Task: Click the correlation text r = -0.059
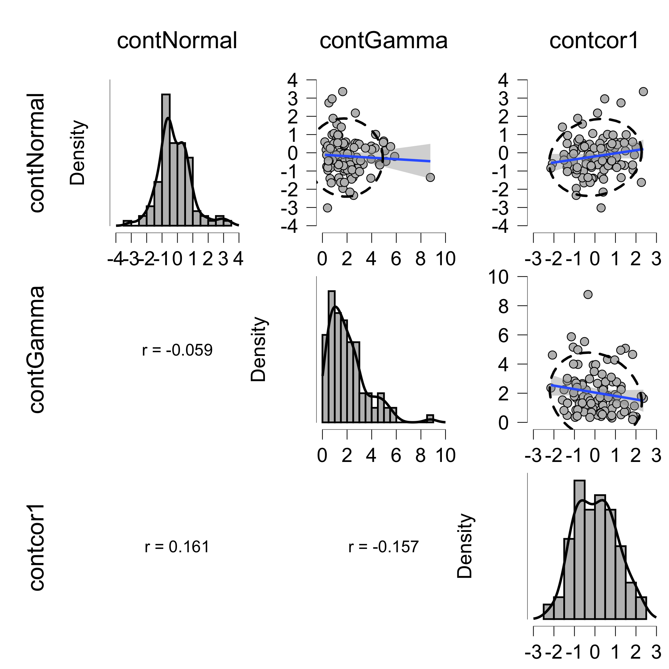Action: (177, 350)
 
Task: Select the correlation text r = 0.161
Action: (177, 547)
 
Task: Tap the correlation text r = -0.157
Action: (384, 547)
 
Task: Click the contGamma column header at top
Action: (384, 40)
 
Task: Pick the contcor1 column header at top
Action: (594, 40)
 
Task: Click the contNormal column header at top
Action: (177, 40)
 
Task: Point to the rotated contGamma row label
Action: (37, 350)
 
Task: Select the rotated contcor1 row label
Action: (37, 547)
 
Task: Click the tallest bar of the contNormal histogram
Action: (166, 159)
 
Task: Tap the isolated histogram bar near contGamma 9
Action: (430, 419)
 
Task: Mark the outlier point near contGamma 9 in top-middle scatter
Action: (430, 177)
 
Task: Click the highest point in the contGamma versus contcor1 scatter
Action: (588, 294)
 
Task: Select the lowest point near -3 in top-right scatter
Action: (601, 208)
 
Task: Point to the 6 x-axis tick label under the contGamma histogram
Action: (396, 455)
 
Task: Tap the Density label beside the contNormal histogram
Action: (78, 153)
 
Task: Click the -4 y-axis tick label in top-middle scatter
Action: (289, 226)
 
